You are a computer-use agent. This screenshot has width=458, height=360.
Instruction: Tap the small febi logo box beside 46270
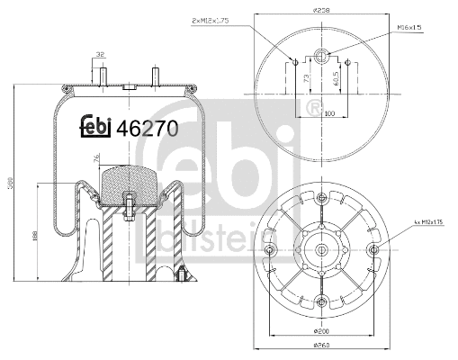point(95,129)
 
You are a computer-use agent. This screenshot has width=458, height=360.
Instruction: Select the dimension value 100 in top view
point(329,113)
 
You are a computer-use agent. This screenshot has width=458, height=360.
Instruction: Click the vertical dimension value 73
point(303,83)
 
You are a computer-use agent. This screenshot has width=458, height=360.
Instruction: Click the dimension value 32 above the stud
point(100,55)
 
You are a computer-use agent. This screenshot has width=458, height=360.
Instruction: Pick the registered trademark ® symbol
point(314,108)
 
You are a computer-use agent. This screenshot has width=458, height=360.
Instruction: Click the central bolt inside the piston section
point(129,208)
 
